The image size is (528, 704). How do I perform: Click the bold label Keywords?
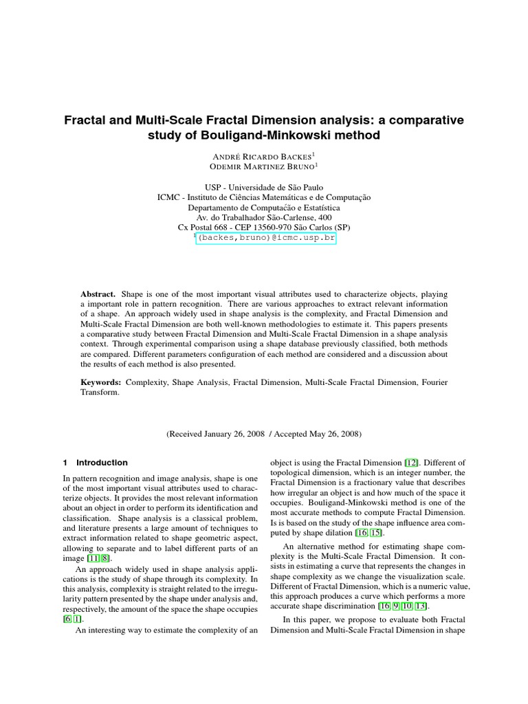click(101, 381)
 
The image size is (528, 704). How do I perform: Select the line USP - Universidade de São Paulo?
click(264, 187)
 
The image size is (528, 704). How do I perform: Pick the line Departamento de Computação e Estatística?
click(264, 207)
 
